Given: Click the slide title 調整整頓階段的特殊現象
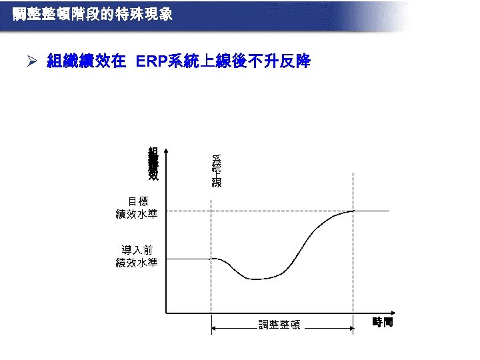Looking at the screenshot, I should point(93,13).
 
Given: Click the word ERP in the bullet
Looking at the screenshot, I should point(151,62).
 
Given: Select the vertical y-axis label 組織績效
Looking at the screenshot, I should point(153,164).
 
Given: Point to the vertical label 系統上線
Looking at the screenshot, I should point(217,171).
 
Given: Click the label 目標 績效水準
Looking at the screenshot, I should point(137,207).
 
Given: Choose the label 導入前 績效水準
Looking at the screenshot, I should point(137,256).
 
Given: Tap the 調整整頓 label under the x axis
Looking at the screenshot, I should point(280,325).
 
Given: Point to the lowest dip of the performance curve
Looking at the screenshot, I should point(257,279).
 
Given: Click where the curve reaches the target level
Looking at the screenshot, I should point(353,211).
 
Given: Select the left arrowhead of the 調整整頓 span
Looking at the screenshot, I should point(214,327).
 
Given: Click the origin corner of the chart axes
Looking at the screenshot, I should point(166,311).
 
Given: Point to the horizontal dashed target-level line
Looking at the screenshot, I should point(267,211).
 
